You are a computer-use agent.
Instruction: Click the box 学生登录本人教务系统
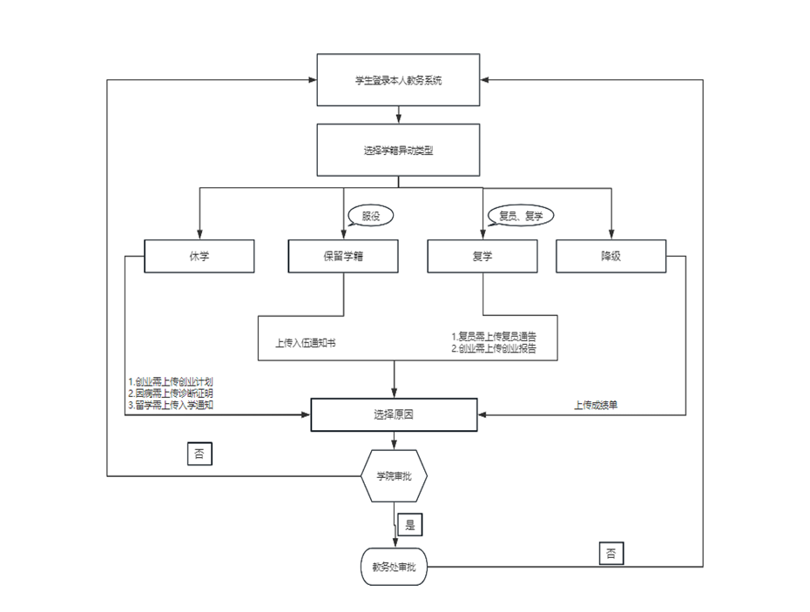398,80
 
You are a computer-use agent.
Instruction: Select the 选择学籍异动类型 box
398,150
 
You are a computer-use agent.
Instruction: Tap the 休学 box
199,256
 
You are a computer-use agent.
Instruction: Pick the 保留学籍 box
343,256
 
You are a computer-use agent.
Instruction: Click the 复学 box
482,256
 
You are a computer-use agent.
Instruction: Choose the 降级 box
611,256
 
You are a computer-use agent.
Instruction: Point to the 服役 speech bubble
371,216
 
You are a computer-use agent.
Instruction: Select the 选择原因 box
395,415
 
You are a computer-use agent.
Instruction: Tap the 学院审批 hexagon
395,476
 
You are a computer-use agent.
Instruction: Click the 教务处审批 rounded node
395,567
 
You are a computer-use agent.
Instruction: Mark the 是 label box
409,525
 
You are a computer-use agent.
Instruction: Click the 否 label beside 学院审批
200,454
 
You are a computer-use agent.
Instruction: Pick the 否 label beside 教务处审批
611,553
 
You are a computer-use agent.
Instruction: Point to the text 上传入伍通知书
306,343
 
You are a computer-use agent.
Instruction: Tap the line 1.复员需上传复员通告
494,336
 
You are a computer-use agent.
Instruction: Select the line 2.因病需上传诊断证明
171,393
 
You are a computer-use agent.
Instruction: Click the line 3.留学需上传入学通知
171,405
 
